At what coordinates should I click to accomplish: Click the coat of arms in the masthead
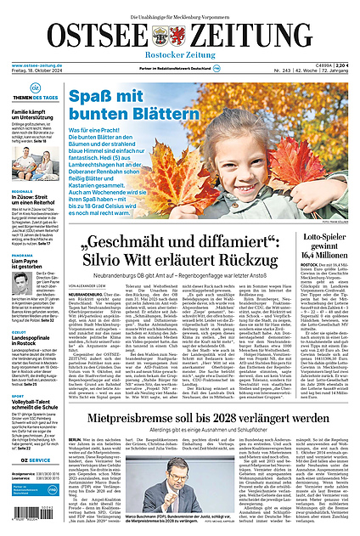161,36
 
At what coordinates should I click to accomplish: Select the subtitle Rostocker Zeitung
179,57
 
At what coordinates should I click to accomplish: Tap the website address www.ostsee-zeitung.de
39,66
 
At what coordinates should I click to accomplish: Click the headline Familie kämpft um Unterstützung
34,116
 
